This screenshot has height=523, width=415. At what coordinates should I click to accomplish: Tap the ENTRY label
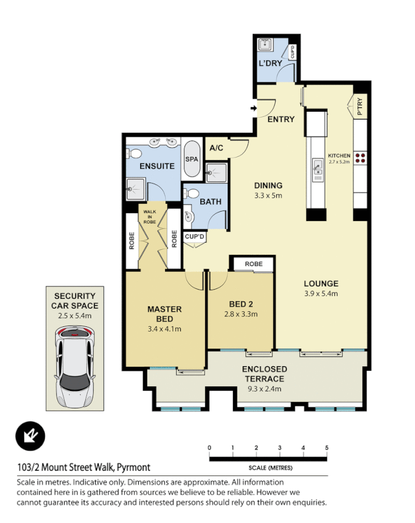281,119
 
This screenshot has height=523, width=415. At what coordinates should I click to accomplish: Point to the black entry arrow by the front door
253,109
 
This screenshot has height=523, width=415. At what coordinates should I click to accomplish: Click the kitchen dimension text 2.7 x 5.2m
339,161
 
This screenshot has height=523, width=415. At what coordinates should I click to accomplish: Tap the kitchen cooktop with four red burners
361,157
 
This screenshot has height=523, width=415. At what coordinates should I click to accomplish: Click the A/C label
217,148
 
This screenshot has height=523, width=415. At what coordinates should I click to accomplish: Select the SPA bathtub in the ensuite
192,159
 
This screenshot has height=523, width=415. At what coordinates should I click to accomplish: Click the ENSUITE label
157,166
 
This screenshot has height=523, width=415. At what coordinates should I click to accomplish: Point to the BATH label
210,201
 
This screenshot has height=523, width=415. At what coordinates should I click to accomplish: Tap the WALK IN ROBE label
151,216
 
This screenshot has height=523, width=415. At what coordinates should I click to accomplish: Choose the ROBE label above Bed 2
253,264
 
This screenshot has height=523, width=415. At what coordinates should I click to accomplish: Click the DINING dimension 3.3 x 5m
268,195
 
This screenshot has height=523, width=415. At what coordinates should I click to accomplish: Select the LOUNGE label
321,284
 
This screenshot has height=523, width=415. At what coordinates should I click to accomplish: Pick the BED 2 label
241,304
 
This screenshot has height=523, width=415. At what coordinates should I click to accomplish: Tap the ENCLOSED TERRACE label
264,374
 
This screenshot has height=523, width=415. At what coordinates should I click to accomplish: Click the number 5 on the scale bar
326,447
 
